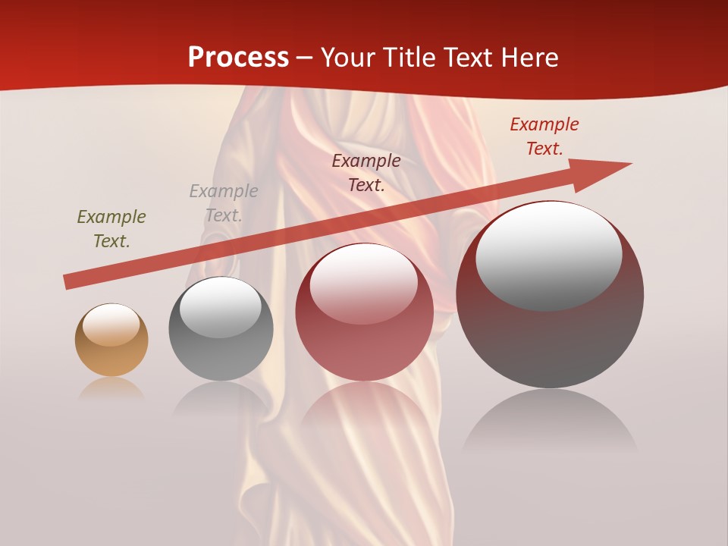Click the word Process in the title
point(238,58)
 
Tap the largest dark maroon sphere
point(550,341)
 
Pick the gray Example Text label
point(224,203)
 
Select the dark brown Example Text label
point(366,173)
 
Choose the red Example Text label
point(544,136)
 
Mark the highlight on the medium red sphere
point(364,284)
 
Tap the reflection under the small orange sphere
point(111,388)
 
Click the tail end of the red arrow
point(70,282)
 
